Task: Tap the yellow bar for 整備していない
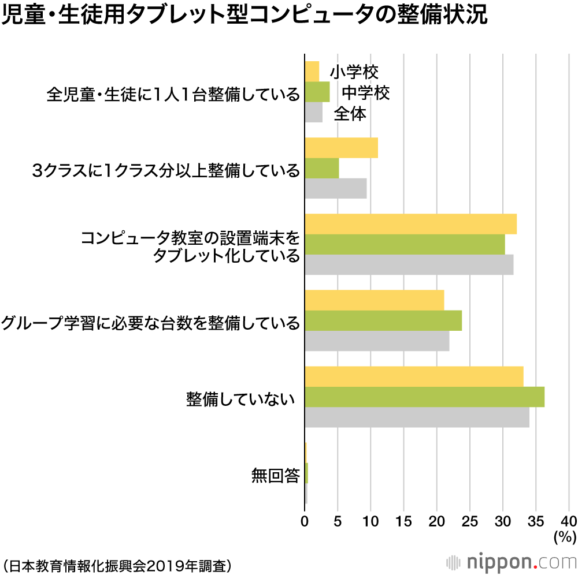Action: [414, 376]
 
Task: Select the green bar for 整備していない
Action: [424, 397]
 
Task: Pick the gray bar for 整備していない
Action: [417, 417]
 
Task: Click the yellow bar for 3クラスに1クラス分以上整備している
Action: [341, 148]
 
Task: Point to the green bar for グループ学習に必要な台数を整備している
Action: [383, 320]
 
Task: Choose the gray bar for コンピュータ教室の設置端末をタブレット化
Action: [409, 264]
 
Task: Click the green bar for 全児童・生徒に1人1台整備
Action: [317, 92]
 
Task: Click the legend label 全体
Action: [350, 114]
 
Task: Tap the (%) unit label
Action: [564, 536]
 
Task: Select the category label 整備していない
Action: [240, 398]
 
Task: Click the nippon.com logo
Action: [510, 561]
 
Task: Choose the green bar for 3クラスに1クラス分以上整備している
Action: [321, 168]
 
